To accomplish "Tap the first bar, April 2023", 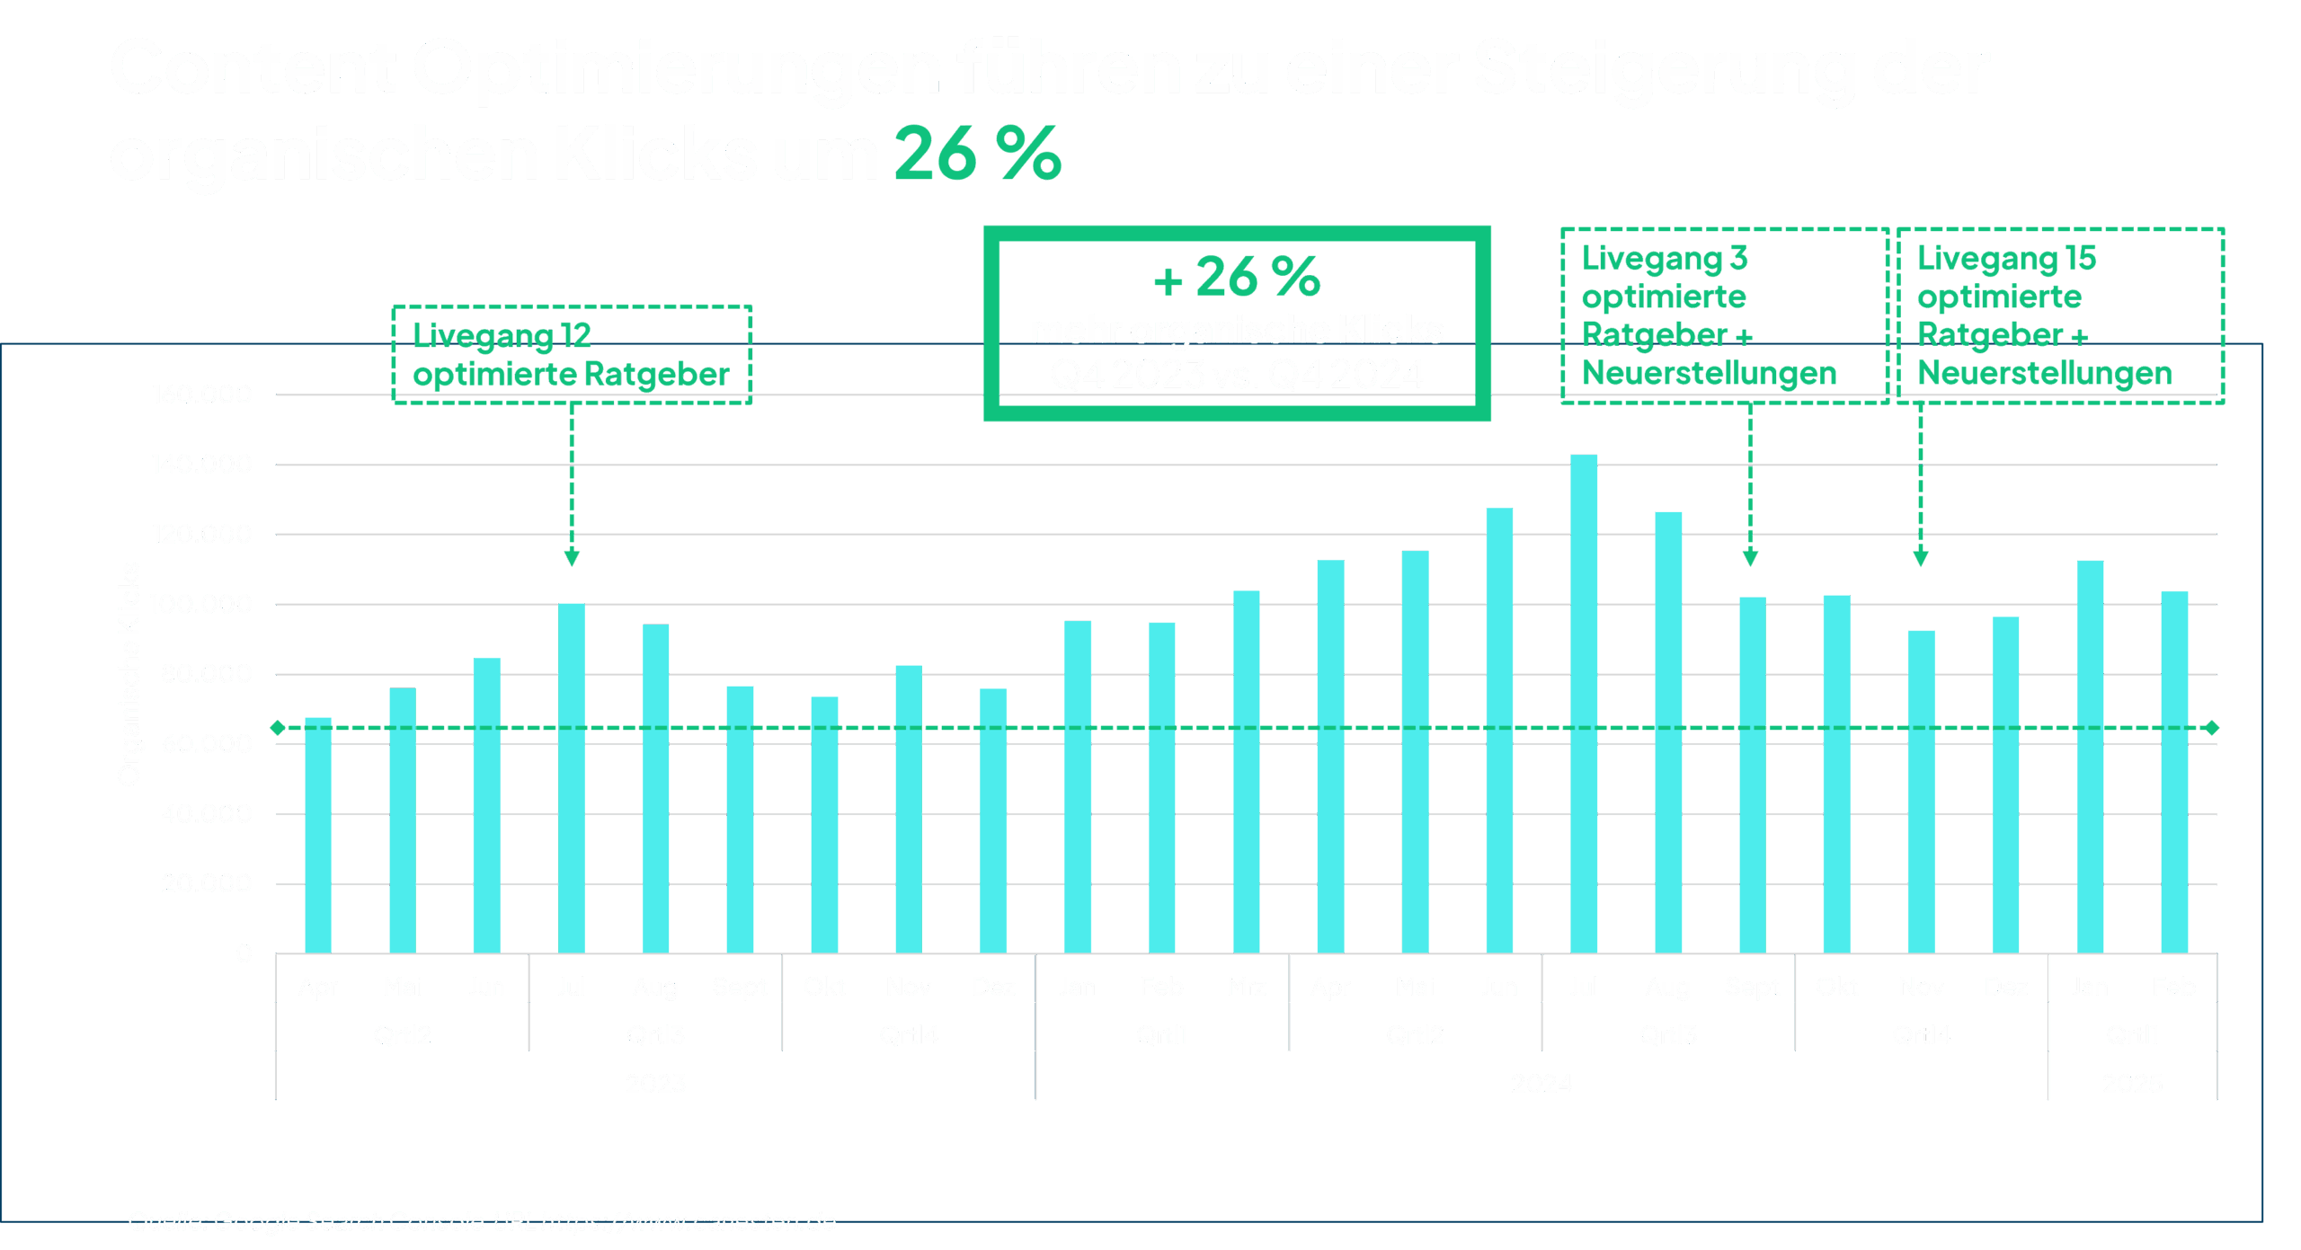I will [318, 835].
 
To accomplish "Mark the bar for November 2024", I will [1921, 791].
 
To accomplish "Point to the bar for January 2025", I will [2091, 756].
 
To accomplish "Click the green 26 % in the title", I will [978, 154].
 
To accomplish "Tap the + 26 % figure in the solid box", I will [1238, 277].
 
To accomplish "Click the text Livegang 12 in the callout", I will [502, 335].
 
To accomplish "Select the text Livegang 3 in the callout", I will [1665, 259].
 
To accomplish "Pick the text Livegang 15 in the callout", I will [2006, 259].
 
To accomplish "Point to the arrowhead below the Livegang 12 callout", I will [572, 558].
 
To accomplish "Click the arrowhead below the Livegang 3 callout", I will [1750, 558].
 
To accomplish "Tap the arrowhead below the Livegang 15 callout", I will [1921, 558].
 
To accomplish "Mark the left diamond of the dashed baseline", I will [278, 727].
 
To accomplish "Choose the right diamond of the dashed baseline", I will [2212, 727].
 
